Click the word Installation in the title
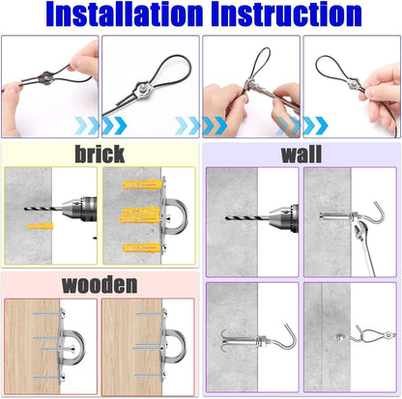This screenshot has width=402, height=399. point(125,14)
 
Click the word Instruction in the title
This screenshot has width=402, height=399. point(286,14)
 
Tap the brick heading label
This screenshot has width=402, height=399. point(100,154)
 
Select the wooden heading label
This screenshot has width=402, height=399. point(100,284)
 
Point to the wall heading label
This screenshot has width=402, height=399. point(301,155)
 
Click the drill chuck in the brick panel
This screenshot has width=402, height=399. point(79,209)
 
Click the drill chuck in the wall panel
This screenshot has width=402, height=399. point(283,218)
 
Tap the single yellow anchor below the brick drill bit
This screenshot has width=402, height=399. point(40,226)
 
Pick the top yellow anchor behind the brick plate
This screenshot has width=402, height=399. point(142,185)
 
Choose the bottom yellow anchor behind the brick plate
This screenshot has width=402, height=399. point(141,248)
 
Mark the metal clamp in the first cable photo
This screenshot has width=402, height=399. point(46,78)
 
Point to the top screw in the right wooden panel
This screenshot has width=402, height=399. point(151,313)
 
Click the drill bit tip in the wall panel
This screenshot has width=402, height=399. point(226,218)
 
